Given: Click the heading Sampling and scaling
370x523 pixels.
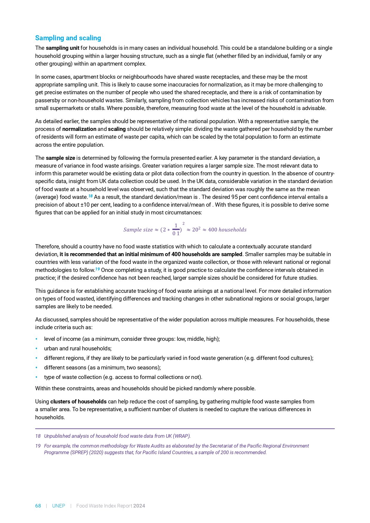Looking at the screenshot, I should [68, 38].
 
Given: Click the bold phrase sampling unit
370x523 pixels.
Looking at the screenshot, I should [62, 48].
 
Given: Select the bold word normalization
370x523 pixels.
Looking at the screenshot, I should [79, 129].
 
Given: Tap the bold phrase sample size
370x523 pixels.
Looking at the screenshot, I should [60, 158].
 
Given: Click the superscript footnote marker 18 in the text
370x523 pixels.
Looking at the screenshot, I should [91, 196].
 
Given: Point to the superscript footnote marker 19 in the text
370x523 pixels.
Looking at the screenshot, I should [97, 269].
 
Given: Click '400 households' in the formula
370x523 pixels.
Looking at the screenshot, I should [227, 230].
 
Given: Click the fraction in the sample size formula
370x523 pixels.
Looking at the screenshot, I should [176, 230].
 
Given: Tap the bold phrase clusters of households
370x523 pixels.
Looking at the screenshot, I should [78, 402].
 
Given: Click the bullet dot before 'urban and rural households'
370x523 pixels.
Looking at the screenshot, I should [36, 349].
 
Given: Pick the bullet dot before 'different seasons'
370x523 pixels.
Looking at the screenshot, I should [36, 368].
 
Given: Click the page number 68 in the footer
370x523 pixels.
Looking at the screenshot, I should [38, 506].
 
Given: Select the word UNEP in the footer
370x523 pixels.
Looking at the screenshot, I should [58, 506].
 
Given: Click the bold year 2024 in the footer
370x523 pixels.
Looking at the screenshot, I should [139, 506].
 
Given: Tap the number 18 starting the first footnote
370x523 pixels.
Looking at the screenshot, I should [38, 436].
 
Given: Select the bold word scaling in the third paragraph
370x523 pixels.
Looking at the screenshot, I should [117, 129].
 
